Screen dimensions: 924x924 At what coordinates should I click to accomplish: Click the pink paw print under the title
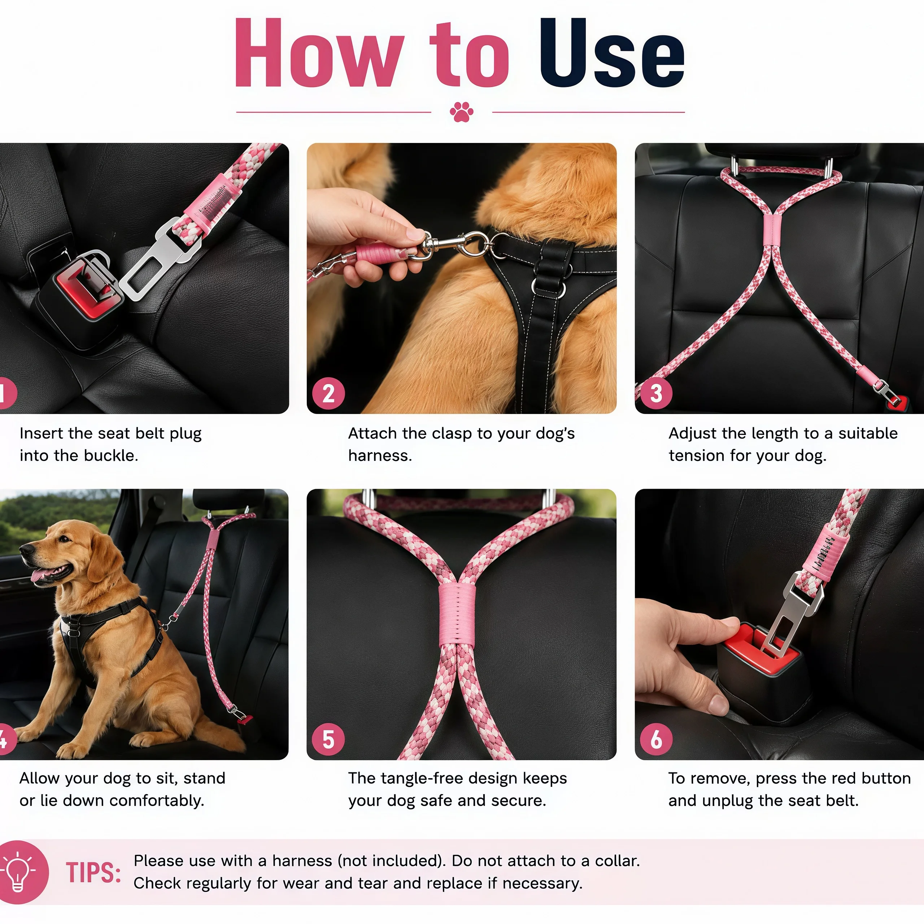462,112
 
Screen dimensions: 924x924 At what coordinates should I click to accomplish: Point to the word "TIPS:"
94,873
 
